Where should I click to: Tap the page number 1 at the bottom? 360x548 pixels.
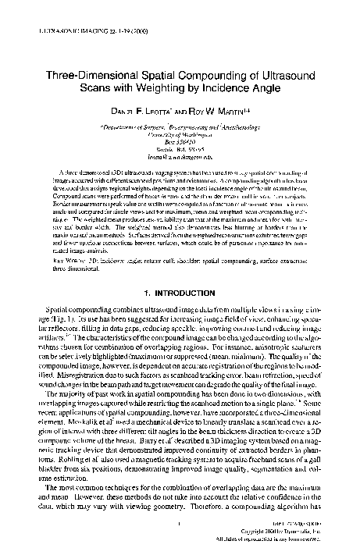[x=180, y=525]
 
